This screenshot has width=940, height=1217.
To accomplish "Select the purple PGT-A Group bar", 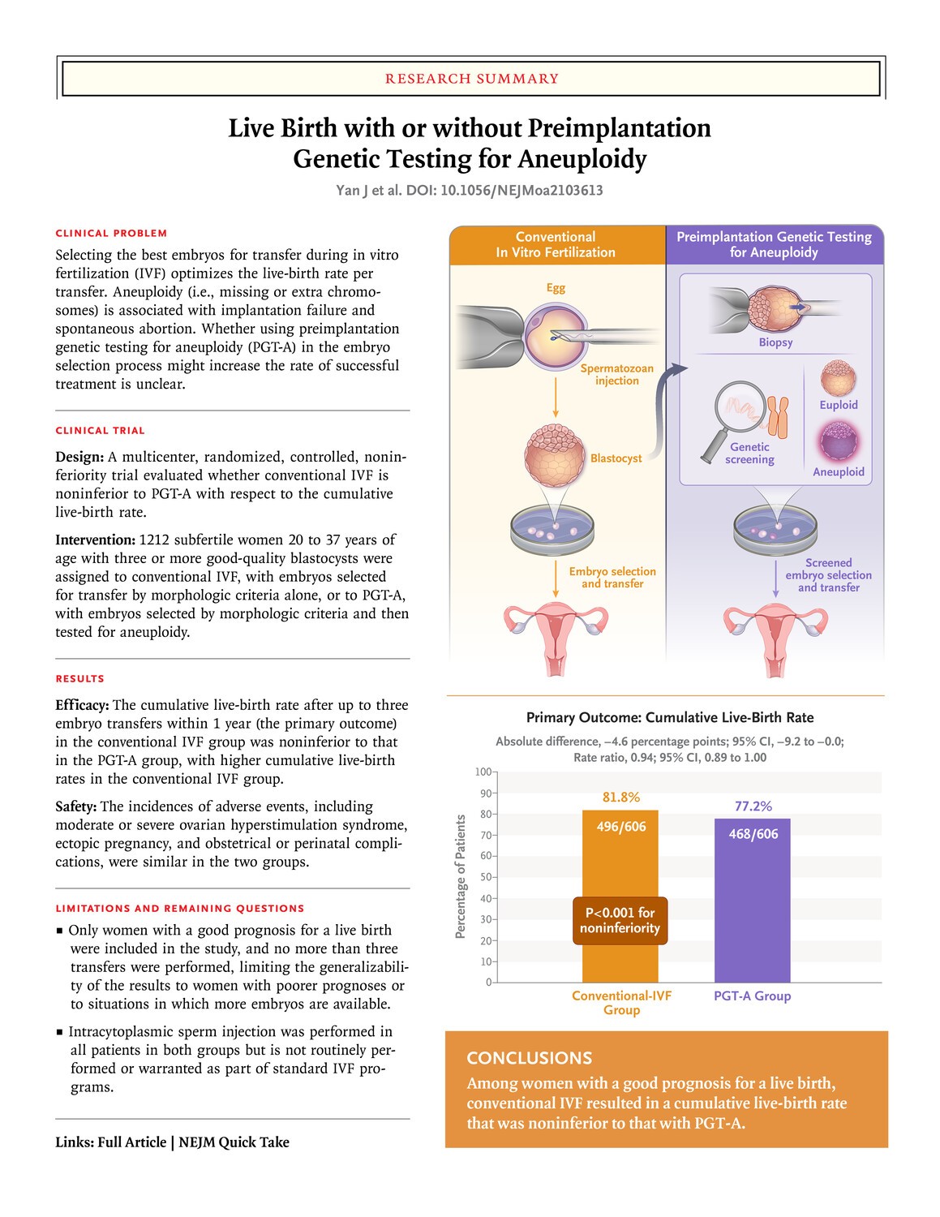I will coord(752,901).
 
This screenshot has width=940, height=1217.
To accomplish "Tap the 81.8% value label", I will coord(620,798).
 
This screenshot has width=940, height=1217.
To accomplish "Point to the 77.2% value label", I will coord(753,806).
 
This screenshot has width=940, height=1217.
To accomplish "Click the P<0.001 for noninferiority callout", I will coord(620,921).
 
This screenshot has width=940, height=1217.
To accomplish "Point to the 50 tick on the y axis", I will coord(487,877).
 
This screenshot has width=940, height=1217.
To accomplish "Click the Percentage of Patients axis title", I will coord(461,877).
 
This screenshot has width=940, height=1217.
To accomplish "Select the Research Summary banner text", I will coord(471,79).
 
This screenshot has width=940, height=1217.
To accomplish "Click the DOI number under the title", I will coord(522,191).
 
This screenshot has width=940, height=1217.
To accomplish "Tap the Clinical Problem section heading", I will coord(111,234).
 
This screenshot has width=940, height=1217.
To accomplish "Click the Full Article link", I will coord(132,1142).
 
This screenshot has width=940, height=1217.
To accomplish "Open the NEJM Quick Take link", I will coord(234,1142).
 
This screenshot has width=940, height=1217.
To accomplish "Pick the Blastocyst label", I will coord(616,458).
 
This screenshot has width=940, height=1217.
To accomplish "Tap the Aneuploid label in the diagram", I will coord(838,472).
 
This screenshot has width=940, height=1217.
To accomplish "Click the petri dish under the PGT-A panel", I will coord(775,530).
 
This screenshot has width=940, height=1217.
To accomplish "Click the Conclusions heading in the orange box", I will coord(529,1058).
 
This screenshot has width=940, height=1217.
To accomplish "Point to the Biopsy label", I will coord(775,342).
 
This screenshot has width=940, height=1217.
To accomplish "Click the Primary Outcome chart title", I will coord(669,718).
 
